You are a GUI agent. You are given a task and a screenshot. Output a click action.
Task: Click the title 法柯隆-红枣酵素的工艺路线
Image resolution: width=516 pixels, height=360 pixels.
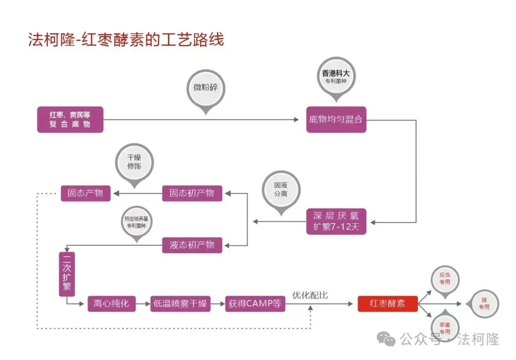click(126, 39)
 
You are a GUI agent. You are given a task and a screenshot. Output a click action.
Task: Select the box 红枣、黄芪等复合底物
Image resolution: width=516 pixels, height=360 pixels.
click(70, 120)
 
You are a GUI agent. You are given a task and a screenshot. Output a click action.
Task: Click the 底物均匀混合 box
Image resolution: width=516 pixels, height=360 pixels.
click(336, 119)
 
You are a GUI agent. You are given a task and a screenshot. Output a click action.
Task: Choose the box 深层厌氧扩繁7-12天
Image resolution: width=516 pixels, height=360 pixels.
click(336, 221)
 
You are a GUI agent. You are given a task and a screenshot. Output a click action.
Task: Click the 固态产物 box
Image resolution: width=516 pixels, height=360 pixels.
click(86, 193)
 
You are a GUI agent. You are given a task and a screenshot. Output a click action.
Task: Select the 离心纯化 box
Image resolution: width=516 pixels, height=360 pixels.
click(111, 304)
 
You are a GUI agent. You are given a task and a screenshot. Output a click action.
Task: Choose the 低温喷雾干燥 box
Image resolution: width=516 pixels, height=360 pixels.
click(180, 304)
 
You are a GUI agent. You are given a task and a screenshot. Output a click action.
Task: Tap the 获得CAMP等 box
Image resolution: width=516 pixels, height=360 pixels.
click(255, 304)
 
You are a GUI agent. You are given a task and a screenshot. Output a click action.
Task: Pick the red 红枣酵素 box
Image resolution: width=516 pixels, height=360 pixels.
click(387, 304)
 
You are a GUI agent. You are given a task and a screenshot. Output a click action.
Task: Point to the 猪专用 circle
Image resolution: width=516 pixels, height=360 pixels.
click(484, 304)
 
